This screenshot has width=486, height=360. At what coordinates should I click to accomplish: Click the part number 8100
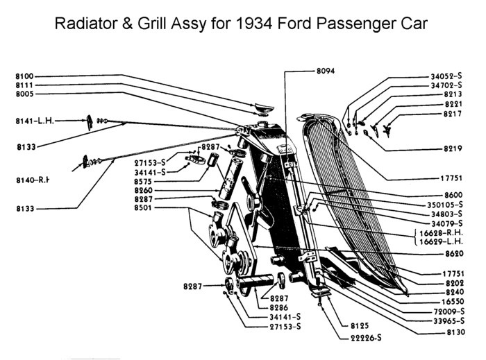click(x=26, y=76)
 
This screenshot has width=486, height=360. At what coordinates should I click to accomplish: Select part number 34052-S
click(x=445, y=76)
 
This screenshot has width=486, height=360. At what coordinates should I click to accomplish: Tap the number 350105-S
click(x=445, y=205)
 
